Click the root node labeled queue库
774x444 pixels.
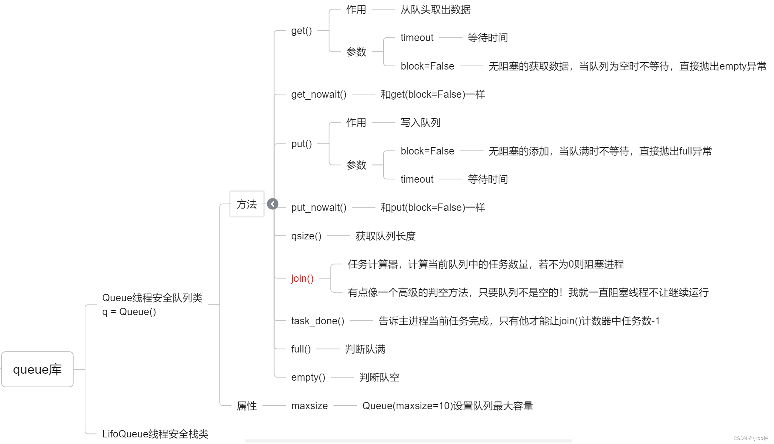[37, 369]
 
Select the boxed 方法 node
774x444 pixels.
[247, 204]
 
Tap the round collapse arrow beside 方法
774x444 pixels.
[273, 204]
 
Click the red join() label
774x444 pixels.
[302, 279]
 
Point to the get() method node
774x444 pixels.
[301, 31]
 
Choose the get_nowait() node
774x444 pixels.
[319, 94]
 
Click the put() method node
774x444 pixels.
[301, 144]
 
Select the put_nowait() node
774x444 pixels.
[319, 208]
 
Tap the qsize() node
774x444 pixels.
[306, 236]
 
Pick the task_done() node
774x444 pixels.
[318, 321]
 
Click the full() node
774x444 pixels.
[301, 349]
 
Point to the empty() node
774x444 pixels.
[308, 377]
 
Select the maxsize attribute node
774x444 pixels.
[309, 406]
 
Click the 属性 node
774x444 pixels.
[247, 406]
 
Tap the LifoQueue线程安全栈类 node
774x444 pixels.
[155, 434]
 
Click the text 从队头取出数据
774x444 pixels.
[435, 10]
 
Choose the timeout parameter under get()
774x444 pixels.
[417, 38]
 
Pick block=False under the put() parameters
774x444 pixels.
[427, 151]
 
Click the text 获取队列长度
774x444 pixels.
[385, 236]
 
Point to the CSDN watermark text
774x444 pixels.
[751, 438]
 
